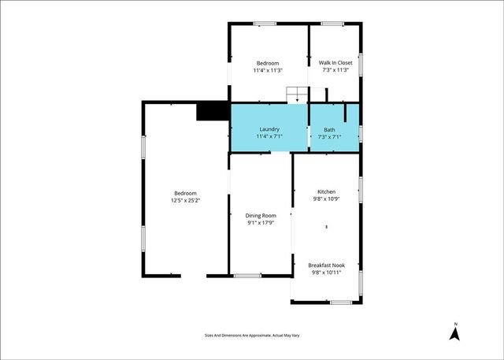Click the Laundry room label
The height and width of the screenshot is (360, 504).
[x=268, y=129]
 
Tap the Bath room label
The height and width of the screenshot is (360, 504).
[x=329, y=129]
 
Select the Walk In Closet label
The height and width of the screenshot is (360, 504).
[x=335, y=63]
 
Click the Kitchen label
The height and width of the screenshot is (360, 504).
[x=326, y=192]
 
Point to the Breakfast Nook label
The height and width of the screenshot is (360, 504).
[x=326, y=265]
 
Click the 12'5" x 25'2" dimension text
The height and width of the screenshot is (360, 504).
[x=185, y=200]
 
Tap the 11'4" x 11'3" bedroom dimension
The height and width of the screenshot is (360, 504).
[x=268, y=70]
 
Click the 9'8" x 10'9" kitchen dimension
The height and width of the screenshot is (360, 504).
[x=326, y=199]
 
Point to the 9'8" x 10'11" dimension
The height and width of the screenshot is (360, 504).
[x=326, y=273]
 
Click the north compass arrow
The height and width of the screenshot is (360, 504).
[x=454, y=334]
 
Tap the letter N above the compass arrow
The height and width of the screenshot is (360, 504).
[x=454, y=322]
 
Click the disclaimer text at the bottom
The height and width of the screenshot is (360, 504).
[x=252, y=336]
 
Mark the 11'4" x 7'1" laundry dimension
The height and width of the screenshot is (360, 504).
[x=268, y=136]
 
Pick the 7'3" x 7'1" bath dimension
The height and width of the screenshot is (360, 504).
[x=329, y=136]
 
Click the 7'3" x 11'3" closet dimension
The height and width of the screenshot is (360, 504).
[x=335, y=70]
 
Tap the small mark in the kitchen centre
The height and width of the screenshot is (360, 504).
[x=326, y=228]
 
